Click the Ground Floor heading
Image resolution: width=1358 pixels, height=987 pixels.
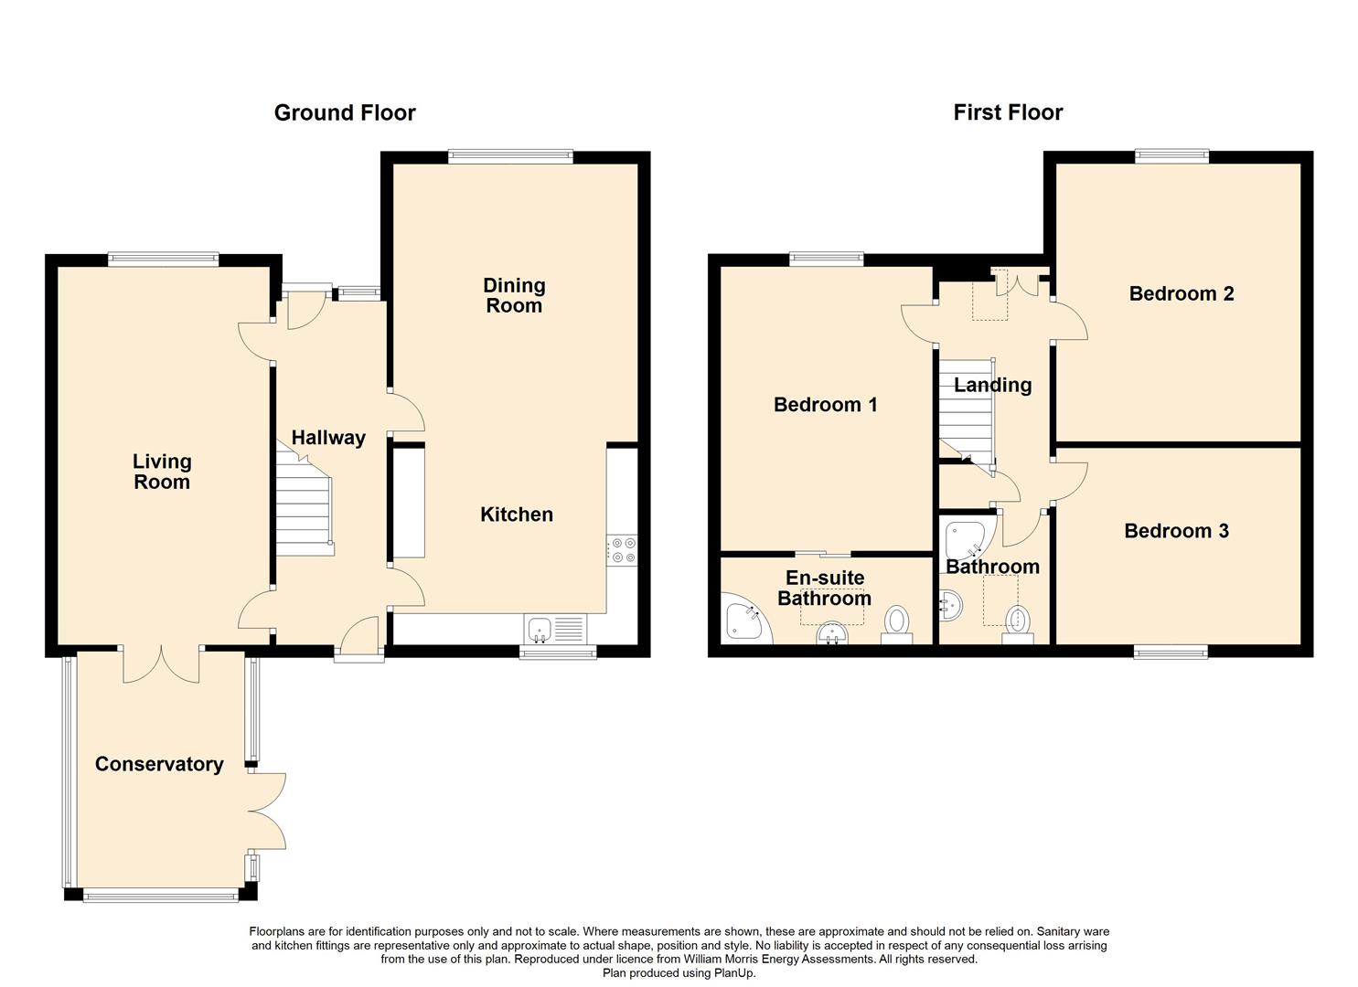(x=345, y=113)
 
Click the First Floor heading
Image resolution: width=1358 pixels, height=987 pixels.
(x=1008, y=112)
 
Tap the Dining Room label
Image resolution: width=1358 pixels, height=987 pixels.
(x=514, y=295)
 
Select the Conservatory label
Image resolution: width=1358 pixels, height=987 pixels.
(x=159, y=764)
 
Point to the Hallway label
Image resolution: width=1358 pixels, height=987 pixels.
(x=328, y=438)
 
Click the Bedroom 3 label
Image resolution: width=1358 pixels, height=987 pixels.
(x=1176, y=531)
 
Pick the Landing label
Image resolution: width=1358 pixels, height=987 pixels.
(x=992, y=385)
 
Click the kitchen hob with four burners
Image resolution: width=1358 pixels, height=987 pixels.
(x=622, y=550)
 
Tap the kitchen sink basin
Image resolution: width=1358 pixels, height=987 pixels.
(x=539, y=629)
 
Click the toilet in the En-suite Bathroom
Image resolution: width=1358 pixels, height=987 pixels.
(x=896, y=626)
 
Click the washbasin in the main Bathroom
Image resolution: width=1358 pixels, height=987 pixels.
(x=951, y=605)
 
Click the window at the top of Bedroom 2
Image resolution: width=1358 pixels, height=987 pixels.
(x=1171, y=156)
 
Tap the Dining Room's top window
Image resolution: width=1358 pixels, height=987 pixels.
(x=511, y=156)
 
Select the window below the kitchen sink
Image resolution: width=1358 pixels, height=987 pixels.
(x=558, y=652)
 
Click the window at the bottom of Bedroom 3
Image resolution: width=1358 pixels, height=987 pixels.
(x=1171, y=652)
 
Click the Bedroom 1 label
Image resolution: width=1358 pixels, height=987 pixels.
(x=826, y=405)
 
